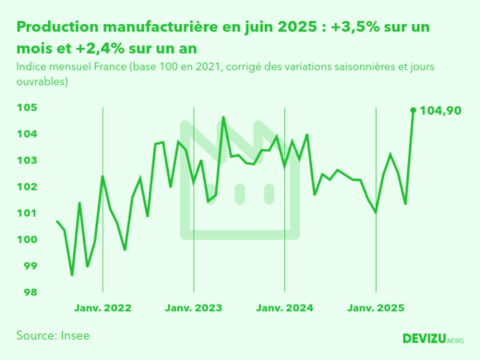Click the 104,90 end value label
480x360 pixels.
[440, 111]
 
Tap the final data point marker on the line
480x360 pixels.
[413, 110]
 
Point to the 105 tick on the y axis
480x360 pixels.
[26, 108]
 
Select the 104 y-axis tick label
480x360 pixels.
[26, 135]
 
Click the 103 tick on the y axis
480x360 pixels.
[26, 161]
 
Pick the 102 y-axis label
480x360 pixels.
[26, 187]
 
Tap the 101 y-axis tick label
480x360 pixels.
[26, 213]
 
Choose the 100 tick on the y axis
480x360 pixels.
[26, 240]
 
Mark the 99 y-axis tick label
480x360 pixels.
[29, 267]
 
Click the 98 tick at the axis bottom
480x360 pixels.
[29, 293]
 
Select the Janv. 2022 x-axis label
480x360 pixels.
[102, 307]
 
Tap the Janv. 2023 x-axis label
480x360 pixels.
[194, 307]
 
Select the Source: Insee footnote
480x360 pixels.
[53, 335]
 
